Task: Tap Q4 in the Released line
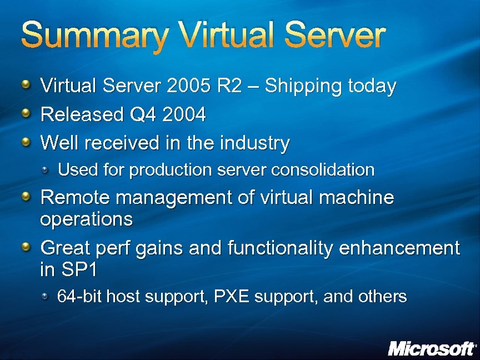tap(141, 115)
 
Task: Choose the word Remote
tap(73, 197)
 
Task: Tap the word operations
tap(86, 219)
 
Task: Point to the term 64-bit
tap(79, 297)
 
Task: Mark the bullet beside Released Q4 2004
tap(26, 114)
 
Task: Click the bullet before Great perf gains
tap(26, 247)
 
